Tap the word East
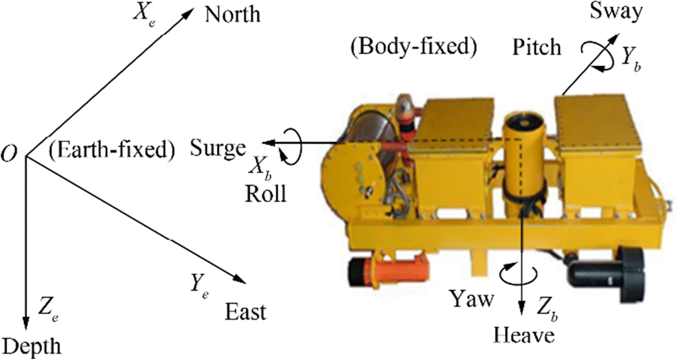[245, 313]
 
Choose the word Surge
[218, 147]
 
